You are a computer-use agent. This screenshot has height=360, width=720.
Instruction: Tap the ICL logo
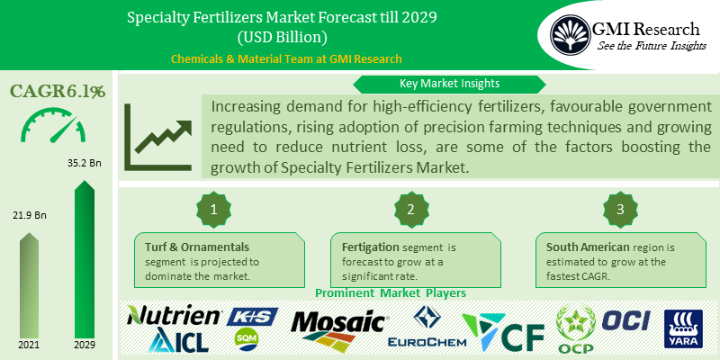(181, 338)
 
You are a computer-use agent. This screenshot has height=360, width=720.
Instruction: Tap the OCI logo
(625, 320)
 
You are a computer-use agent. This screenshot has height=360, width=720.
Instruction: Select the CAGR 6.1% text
(58, 91)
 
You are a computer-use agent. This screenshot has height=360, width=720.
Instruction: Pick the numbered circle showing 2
(409, 210)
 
